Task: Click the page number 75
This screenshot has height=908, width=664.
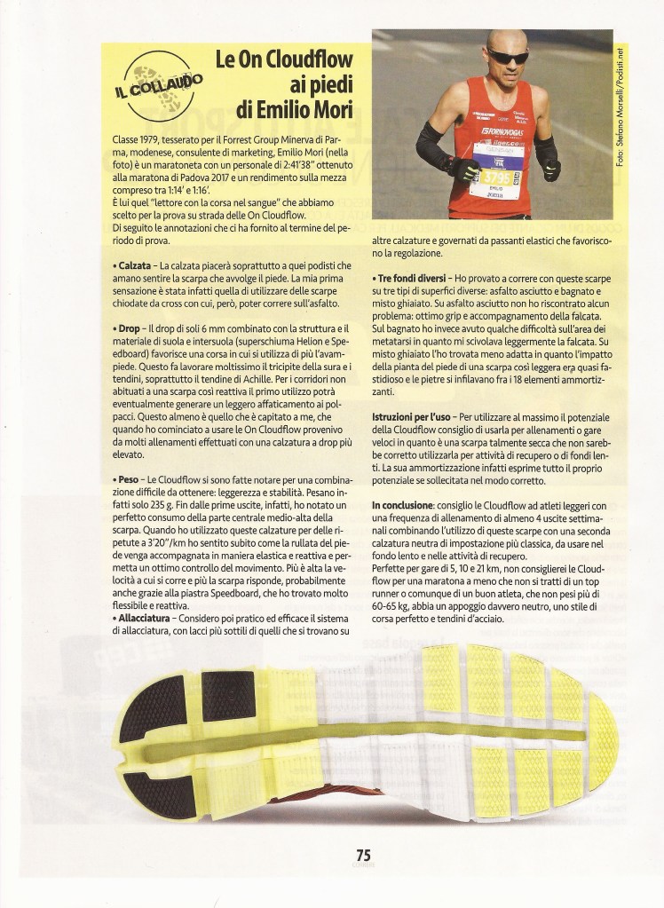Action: click(x=363, y=854)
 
